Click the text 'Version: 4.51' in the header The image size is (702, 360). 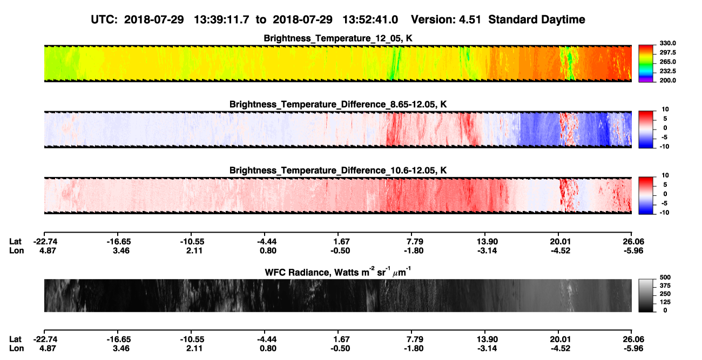pyautogui.click(x=446, y=19)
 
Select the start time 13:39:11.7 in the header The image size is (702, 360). pyautogui.click(x=221, y=19)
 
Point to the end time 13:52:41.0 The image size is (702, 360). pyautogui.click(x=370, y=19)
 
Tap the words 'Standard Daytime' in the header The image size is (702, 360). pyautogui.click(x=537, y=19)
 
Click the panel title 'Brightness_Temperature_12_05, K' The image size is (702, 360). pyautogui.click(x=338, y=38)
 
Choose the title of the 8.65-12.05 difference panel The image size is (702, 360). pyautogui.click(x=338, y=104)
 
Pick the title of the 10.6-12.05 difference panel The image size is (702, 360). pyautogui.click(x=338, y=171)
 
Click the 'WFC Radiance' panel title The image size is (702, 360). pyautogui.click(x=338, y=272)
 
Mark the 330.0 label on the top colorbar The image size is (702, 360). pyautogui.click(x=667, y=43)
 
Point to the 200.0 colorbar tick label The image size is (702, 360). pyautogui.click(x=667, y=80)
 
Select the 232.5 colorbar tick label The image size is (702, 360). pyautogui.click(x=667, y=71)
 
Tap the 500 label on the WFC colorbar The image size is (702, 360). pyautogui.click(x=665, y=277)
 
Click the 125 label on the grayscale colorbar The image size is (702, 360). pyautogui.click(x=665, y=302)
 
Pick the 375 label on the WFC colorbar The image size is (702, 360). pyautogui.click(x=665, y=286)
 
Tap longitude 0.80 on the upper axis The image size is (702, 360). pyautogui.click(x=268, y=251)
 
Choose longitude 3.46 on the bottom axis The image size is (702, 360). pyautogui.click(x=121, y=349)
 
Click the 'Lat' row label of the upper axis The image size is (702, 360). pyautogui.click(x=15, y=242)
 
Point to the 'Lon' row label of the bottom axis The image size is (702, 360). pyautogui.click(x=16, y=349)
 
